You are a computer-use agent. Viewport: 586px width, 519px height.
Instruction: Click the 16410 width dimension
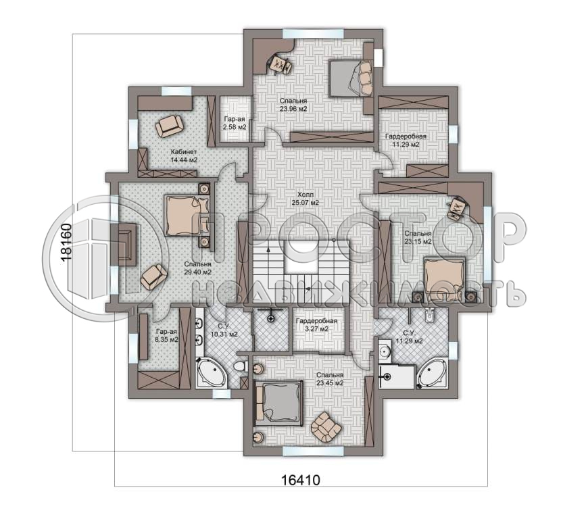(301, 479)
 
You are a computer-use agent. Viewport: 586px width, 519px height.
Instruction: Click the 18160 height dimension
(66, 242)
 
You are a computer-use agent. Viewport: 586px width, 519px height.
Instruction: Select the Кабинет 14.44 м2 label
(184, 156)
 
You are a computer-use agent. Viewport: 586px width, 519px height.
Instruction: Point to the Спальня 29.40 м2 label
(198, 268)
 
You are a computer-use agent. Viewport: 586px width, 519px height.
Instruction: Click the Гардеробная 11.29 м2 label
(406, 140)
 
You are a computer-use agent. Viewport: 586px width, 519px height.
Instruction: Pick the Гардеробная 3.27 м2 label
(316, 325)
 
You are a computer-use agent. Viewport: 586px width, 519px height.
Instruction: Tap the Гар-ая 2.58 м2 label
(235, 123)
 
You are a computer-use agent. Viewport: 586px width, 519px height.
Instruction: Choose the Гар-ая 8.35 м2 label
(167, 336)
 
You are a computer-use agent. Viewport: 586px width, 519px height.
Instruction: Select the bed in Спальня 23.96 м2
(351, 78)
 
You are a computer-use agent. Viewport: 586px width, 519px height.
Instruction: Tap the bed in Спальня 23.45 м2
(278, 403)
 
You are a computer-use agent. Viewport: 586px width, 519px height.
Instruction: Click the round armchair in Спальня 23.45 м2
(326, 426)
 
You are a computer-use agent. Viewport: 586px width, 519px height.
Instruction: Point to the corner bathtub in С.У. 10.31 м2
(212, 373)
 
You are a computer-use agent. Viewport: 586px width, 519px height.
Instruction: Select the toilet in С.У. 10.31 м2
(241, 366)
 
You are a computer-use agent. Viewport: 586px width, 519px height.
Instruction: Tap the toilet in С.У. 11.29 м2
(429, 316)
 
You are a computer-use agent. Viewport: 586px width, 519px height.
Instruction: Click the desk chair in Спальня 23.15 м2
(458, 207)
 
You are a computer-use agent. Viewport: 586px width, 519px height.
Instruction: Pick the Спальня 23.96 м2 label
(293, 105)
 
